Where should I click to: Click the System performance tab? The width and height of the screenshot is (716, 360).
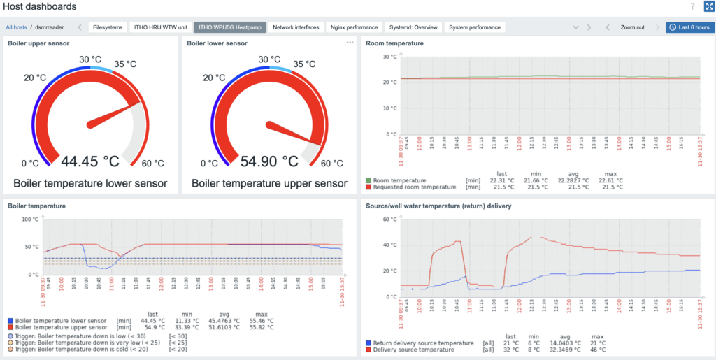[x=475, y=27]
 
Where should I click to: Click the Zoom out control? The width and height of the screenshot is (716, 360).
[x=632, y=27]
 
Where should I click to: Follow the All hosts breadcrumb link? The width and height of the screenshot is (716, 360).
[x=17, y=27]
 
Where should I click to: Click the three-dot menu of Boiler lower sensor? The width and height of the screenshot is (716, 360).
[x=350, y=43]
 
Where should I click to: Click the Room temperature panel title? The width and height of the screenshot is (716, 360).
[x=394, y=43]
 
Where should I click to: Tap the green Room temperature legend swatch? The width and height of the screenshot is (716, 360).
[x=368, y=180]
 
